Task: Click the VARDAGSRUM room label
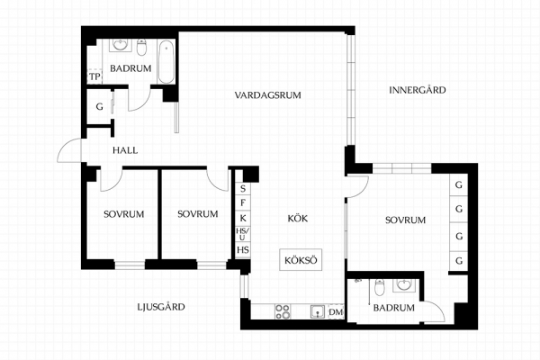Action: click(267, 95)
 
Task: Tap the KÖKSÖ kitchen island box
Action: click(301, 260)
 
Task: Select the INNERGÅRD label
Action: click(418, 90)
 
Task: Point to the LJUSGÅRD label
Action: click(161, 307)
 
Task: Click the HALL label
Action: click(125, 150)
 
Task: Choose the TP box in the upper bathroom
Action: click(94, 76)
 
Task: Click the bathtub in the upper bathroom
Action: click(166, 61)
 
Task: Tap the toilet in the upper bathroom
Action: click(141, 47)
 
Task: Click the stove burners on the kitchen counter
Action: click(283, 311)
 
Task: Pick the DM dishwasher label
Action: click(336, 312)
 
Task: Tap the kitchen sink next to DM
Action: click(317, 311)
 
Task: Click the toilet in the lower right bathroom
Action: click(380, 287)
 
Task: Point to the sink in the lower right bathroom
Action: click(403, 285)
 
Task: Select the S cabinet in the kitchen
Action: click(243, 188)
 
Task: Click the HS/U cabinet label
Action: click(243, 234)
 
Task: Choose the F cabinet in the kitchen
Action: click(243, 202)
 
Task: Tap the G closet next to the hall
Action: click(99, 106)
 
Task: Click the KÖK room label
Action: click(298, 219)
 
